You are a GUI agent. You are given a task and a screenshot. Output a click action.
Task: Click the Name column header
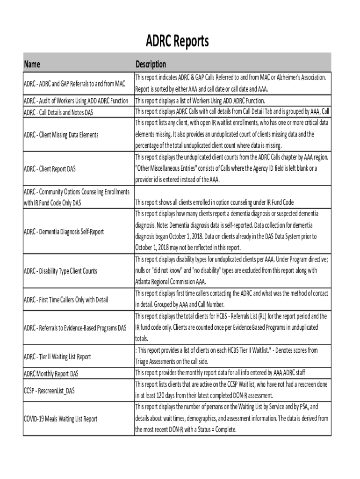point(32,64)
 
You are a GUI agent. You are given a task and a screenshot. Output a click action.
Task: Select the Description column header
point(151,64)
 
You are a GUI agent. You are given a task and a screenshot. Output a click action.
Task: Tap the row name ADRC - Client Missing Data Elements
point(61,135)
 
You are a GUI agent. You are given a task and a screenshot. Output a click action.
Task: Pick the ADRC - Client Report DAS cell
point(50,168)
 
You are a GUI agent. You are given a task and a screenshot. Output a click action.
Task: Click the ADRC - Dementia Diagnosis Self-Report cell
point(64,232)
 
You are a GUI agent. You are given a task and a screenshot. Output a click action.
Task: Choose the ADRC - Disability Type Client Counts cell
point(61,271)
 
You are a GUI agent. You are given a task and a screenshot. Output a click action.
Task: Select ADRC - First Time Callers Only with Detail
point(66,299)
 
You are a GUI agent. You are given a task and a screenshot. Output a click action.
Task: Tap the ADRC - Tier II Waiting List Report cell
point(58,356)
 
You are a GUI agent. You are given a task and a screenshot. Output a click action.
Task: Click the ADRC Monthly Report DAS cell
point(51,373)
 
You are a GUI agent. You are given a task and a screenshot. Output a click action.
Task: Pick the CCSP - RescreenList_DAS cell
point(49,390)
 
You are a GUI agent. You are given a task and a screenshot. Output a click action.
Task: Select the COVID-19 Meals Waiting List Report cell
point(61,419)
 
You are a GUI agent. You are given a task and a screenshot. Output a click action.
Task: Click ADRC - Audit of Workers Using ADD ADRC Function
point(76,101)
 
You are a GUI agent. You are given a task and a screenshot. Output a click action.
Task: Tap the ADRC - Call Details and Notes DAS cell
point(58,112)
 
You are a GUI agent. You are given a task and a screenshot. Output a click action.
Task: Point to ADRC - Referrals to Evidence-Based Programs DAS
point(75,327)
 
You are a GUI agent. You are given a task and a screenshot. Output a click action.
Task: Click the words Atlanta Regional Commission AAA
point(170,282)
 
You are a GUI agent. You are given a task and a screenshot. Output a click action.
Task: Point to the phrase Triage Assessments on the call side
point(172,361)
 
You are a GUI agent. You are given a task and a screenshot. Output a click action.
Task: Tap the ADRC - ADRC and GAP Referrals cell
point(75,84)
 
